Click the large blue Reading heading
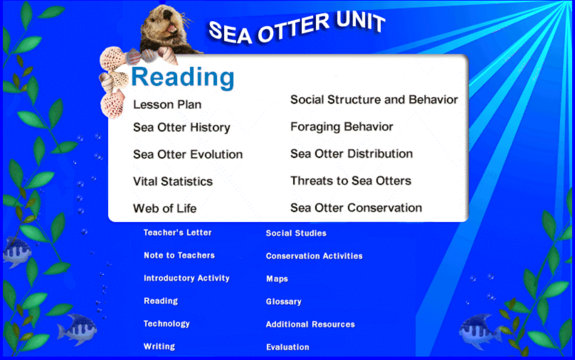(183, 77)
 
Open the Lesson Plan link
(167, 105)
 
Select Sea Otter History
(182, 128)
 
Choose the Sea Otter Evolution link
(188, 154)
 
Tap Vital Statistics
(172, 181)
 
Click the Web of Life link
(165, 208)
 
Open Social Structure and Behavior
(374, 100)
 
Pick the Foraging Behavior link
(342, 126)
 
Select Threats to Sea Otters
(351, 181)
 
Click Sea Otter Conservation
(356, 208)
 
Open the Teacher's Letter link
(178, 232)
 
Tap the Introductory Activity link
(187, 278)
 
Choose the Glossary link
(284, 302)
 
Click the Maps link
(277, 279)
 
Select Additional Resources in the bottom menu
(310, 325)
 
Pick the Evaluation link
(287, 347)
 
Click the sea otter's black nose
(167, 14)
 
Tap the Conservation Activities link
(314, 256)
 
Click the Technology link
(166, 324)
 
